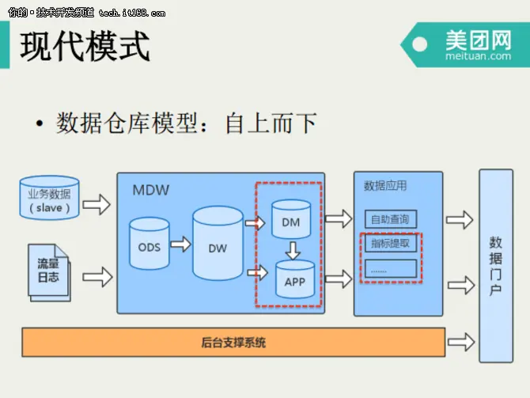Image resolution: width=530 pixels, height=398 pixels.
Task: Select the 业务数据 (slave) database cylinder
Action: (49, 199)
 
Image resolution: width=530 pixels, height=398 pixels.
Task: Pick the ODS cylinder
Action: (149, 247)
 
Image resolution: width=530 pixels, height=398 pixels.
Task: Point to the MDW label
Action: (150, 190)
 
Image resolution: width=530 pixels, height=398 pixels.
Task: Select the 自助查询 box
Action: (390, 219)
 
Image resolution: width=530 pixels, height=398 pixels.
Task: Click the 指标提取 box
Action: (390, 244)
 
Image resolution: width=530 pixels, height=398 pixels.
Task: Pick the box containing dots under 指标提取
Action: (390, 269)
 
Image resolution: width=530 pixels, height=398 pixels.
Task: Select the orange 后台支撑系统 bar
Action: (233, 343)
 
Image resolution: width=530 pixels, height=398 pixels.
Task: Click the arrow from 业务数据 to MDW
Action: (97, 205)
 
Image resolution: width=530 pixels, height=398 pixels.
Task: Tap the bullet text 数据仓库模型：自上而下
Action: (187, 123)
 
